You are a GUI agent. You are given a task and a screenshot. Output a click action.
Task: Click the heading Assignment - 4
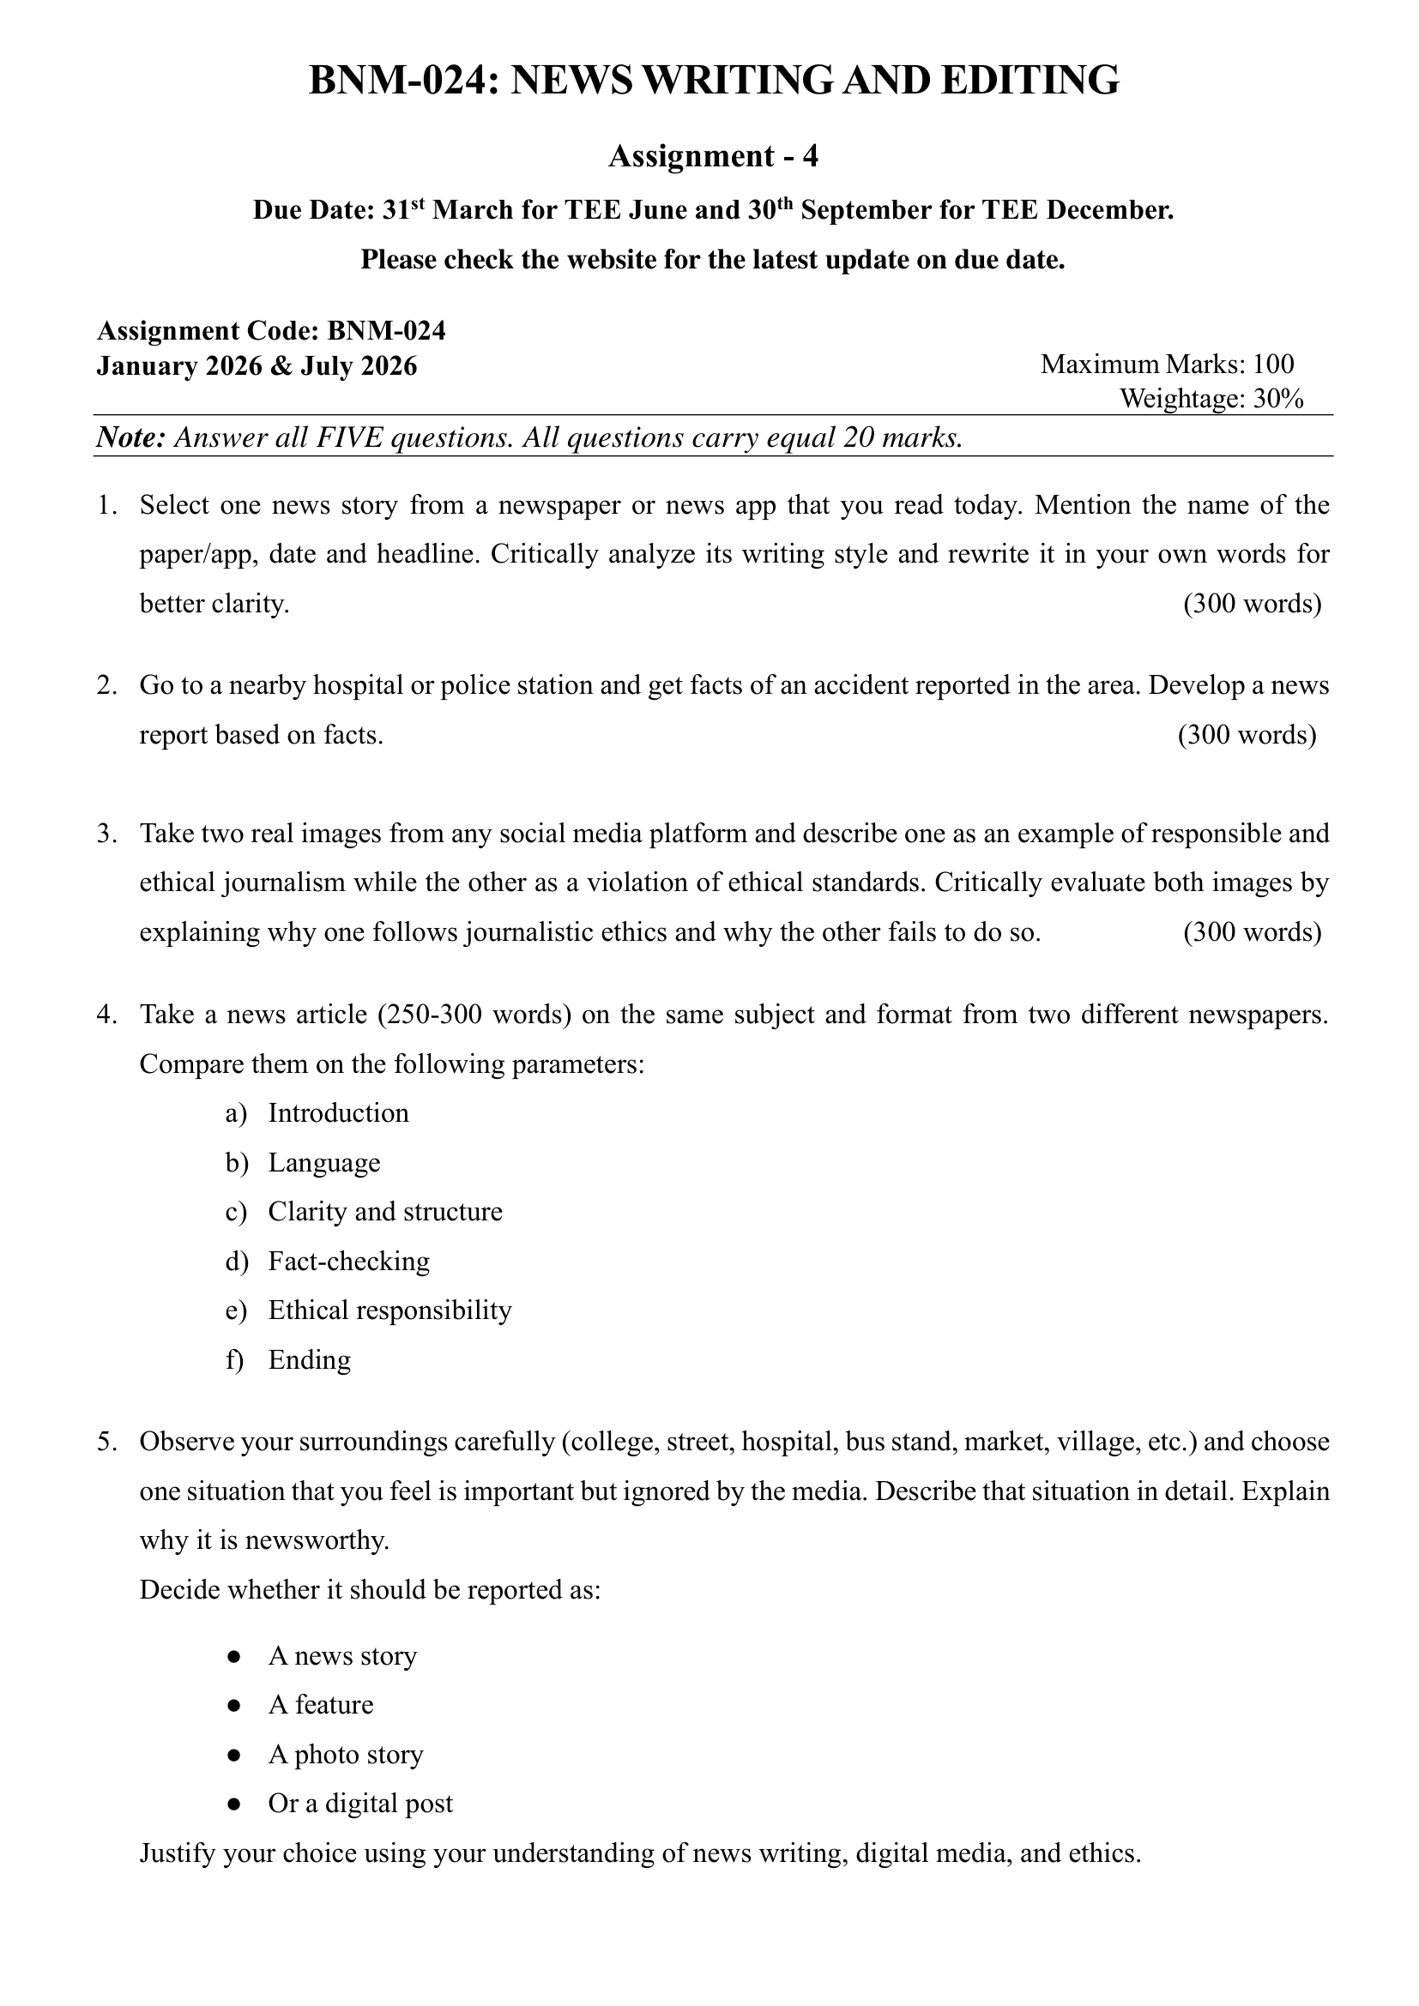pyautogui.click(x=713, y=156)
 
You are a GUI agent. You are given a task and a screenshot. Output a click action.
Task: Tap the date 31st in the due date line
pyautogui.click(x=404, y=211)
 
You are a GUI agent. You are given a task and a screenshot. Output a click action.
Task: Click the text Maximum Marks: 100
pyautogui.click(x=1167, y=364)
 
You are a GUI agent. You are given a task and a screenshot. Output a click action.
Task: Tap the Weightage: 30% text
pyautogui.click(x=1211, y=400)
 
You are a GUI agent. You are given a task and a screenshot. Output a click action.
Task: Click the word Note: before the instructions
pyautogui.click(x=131, y=437)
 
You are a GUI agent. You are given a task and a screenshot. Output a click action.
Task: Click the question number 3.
pyautogui.click(x=106, y=834)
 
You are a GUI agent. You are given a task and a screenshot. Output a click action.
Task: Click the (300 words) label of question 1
pyautogui.click(x=1251, y=604)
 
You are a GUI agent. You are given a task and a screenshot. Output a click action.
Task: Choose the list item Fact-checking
pyautogui.click(x=348, y=1262)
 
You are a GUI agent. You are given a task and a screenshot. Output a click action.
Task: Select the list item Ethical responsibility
pyautogui.click(x=389, y=1310)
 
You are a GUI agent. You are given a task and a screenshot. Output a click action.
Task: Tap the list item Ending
pyautogui.click(x=310, y=1360)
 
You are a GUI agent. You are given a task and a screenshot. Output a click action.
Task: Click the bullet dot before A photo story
pyautogui.click(x=233, y=1755)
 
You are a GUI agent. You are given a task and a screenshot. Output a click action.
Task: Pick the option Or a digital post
pyautogui.click(x=360, y=1804)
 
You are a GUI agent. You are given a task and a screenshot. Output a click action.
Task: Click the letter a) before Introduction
pyautogui.click(x=237, y=1113)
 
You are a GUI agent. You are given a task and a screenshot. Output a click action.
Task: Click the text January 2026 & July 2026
pyautogui.click(x=257, y=366)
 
